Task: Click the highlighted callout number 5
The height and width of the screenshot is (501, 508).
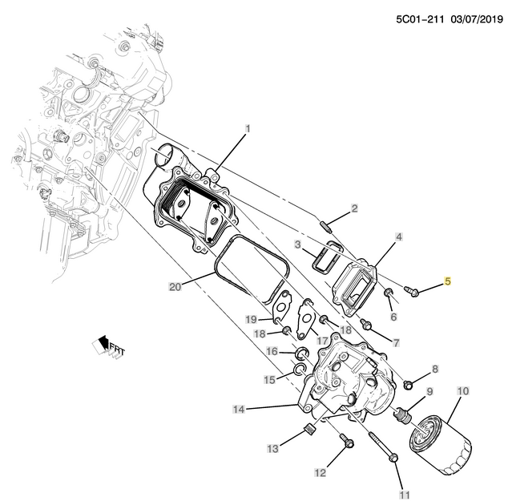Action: coord(448,281)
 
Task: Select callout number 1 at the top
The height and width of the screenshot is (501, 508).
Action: coord(248,128)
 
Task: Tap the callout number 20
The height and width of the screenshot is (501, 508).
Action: coord(175,286)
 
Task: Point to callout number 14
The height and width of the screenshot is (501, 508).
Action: coord(239,410)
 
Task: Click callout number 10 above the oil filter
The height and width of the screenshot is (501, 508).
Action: coord(462,391)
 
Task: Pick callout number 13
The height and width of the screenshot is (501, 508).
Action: coord(273,447)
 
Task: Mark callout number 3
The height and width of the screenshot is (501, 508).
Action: coord(296,244)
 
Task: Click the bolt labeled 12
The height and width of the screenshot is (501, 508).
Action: coord(345,441)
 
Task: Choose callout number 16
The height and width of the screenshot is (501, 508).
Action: coord(272,351)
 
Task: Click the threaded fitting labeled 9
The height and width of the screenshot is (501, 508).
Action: coord(405,415)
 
